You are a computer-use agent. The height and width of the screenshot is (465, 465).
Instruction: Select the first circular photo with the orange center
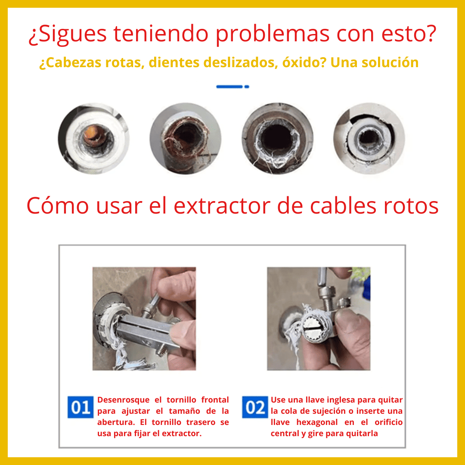94,138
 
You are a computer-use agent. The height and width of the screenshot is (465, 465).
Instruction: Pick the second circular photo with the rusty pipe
185,138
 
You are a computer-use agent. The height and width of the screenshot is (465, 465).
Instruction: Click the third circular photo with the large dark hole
277,138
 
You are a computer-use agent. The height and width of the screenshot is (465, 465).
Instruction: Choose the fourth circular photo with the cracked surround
369,138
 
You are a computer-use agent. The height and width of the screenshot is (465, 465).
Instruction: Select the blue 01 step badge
80,407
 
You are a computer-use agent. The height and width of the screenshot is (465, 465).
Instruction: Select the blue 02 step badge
255,407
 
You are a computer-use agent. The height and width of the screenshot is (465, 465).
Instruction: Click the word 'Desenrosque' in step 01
124,400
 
